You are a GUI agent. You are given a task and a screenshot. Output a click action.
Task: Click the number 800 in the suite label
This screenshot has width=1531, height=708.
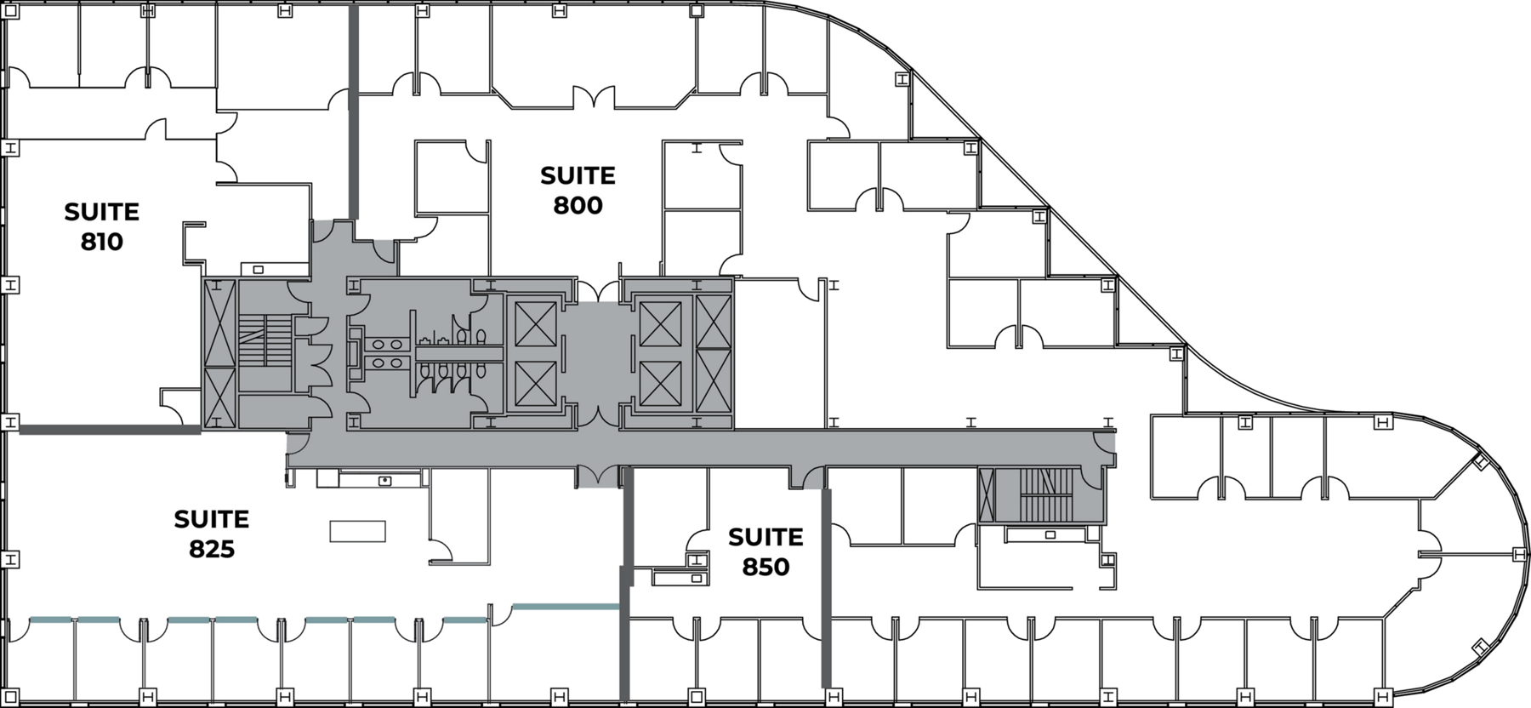[578, 205]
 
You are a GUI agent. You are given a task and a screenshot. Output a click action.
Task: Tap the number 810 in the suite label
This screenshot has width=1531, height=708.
[102, 242]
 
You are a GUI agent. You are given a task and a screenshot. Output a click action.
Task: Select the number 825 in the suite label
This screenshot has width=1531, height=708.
[212, 549]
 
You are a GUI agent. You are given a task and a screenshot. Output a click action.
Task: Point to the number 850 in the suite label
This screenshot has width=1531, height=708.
[765, 567]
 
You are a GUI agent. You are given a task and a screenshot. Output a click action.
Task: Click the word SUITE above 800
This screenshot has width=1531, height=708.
[578, 176]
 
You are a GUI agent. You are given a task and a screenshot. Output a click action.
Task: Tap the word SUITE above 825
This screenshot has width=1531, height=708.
[212, 519]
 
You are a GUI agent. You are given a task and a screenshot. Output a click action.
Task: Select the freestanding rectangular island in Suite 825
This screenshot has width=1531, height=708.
[357, 531]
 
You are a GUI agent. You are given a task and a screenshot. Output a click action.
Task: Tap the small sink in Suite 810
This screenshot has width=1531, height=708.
[258, 270]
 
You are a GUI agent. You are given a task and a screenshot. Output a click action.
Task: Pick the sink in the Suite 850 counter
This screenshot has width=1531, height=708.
[697, 579]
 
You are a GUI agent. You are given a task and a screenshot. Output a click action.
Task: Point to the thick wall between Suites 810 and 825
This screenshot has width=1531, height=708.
[110, 431]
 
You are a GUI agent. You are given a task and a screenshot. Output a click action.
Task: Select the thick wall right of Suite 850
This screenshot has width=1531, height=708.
[825, 587]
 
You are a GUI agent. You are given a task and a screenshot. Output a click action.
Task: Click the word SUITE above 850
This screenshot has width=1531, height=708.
[765, 537]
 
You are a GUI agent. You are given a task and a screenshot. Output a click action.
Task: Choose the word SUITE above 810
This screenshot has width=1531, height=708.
[102, 212]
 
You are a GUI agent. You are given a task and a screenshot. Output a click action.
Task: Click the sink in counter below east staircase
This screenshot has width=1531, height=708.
[1050, 534]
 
